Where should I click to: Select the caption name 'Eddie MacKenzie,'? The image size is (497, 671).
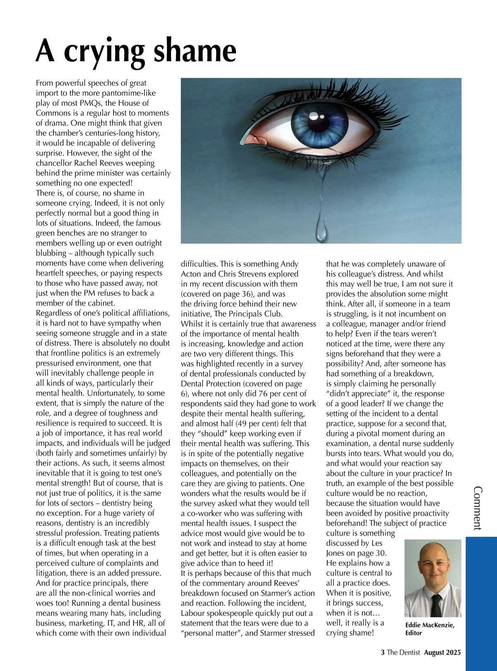click(429, 625)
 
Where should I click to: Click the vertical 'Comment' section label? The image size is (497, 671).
click(478, 508)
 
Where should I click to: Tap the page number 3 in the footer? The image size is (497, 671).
click(382, 652)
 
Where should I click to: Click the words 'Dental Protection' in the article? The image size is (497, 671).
click(210, 384)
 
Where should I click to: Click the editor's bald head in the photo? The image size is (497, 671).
click(432, 553)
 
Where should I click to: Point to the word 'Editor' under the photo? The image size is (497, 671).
click(413, 633)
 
